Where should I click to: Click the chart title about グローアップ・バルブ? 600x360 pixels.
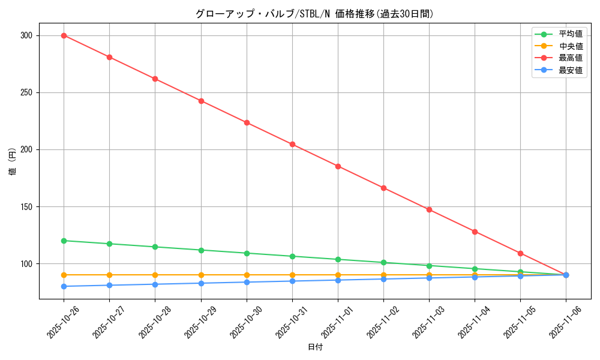314,14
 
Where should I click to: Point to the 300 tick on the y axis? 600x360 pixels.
25,35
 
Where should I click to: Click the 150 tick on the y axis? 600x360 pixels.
25,207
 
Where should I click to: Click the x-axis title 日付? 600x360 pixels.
315,347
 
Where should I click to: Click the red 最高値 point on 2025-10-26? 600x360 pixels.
64,35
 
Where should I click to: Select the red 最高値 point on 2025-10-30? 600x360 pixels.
247,122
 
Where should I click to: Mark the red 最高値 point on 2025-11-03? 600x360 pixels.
429,209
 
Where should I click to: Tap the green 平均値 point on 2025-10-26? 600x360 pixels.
64,241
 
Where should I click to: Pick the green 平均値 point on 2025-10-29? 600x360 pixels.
201,250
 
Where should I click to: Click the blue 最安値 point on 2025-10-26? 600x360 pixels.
64,286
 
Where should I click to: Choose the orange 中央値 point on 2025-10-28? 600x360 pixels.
155,275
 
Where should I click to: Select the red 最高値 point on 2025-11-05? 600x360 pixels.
520,253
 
